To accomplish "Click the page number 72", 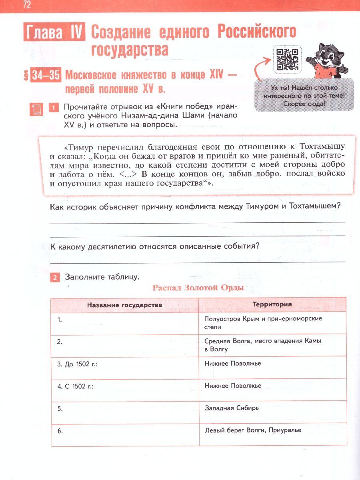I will (27, 5).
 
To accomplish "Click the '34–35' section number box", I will (46, 76).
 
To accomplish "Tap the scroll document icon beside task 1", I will (37, 109).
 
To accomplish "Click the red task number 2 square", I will (55, 277).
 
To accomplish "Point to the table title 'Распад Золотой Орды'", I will (198, 288).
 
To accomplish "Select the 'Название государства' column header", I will (125, 305).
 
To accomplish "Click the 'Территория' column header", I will (272, 304).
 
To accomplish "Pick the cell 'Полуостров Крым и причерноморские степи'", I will (263, 322).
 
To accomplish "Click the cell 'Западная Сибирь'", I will (232, 408).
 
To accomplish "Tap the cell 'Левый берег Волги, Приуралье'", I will (252, 430).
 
